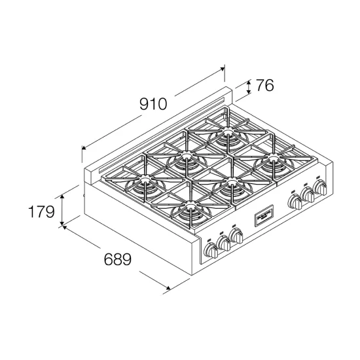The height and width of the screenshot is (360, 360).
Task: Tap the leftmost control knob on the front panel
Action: click(x=211, y=251)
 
